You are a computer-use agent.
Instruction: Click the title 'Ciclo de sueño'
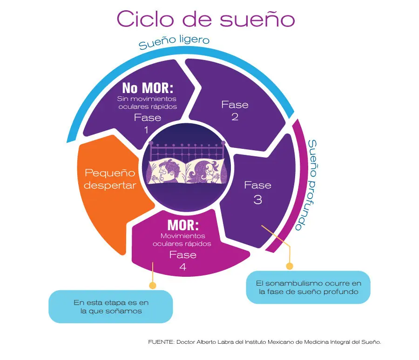205,20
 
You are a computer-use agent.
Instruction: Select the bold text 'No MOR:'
148,88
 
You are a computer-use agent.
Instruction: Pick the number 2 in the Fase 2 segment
235,117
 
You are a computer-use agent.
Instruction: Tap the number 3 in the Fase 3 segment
257,200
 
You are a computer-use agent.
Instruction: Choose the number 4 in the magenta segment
183,267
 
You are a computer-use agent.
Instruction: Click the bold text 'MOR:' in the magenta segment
183,226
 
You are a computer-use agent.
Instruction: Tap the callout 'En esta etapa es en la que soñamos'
110,307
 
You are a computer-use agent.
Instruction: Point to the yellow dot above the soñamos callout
152,285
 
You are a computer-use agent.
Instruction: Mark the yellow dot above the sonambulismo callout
289,266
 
